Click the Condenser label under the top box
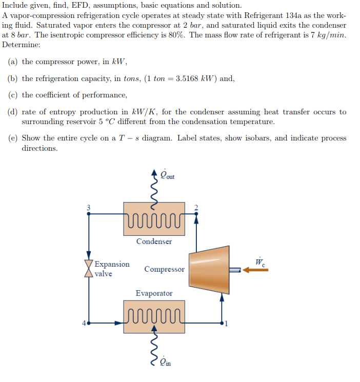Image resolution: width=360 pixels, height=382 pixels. point(154,242)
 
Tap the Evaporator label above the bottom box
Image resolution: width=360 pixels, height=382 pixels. point(154,293)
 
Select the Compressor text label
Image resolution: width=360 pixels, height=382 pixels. point(164,269)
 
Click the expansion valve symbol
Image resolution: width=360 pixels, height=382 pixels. point(89,269)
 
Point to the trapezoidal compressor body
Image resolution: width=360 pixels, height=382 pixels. point(209,269)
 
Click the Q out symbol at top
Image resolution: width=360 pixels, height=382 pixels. point(167,175)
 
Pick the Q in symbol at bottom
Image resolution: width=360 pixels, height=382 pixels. point(165,362)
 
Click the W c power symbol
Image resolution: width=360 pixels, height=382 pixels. point(260,262)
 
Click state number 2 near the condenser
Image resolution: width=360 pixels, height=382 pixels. point(195,208)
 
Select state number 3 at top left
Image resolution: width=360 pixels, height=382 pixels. point(88,207)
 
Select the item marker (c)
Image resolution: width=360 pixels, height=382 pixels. point(14,95)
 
